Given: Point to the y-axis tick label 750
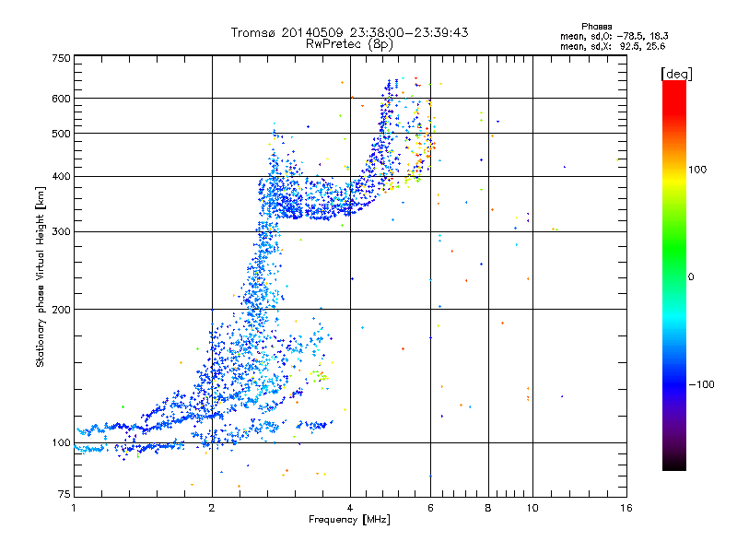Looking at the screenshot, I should (x=61, y=58).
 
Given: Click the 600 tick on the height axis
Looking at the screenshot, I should (x=61, y=98).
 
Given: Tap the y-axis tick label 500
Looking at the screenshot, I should (x=61, y=134).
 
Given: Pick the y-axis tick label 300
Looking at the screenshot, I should (x=61, y=231).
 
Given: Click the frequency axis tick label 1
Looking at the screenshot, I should (x=74, y=508).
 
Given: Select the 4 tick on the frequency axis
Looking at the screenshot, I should (x=350, y=508).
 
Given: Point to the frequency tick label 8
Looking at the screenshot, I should (x=488, y=508).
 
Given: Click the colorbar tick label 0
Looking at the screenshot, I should (x=691, y=276).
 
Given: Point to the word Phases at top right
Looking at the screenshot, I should (x=597, y=26).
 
